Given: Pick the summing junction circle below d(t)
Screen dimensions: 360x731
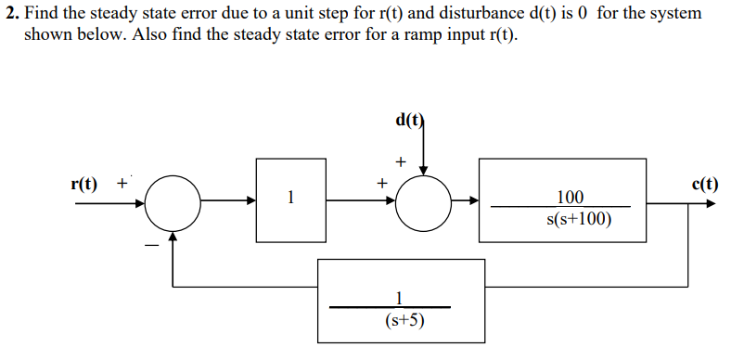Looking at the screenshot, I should [x=424, y=201].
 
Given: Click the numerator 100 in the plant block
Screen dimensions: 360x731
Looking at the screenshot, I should [x=571, y=196].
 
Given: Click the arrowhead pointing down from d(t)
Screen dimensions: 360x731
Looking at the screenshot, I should [x=424, y=170].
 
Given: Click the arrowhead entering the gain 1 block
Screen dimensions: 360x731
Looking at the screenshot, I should [x=252, y=201].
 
